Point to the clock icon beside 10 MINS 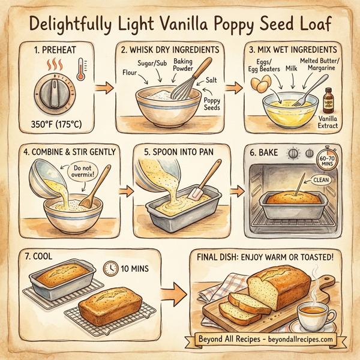110,268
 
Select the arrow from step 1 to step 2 106,89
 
